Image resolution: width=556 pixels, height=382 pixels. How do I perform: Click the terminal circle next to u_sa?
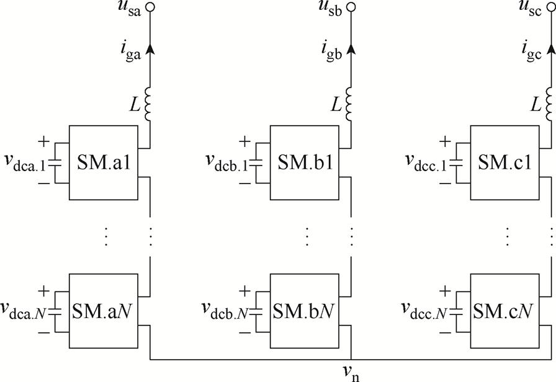click(x=150, y=8)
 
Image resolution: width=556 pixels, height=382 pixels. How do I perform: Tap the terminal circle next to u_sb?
click(x=351, y=8)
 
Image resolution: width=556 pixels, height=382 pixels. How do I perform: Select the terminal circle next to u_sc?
click(x=552, y=8)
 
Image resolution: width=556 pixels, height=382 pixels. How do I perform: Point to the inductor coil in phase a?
click(x=149, y=104)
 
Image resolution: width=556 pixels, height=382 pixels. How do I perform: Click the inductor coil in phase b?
click(x=350, y=104)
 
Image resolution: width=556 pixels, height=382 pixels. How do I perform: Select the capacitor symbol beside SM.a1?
click(x=55, y=162)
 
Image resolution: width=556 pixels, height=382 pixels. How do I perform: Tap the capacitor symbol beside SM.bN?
click(x=256, y=309)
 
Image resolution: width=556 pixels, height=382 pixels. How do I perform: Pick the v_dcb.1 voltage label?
click(x=227, y=162)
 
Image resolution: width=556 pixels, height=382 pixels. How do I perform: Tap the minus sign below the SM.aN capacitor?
click(x=43, y=331)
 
